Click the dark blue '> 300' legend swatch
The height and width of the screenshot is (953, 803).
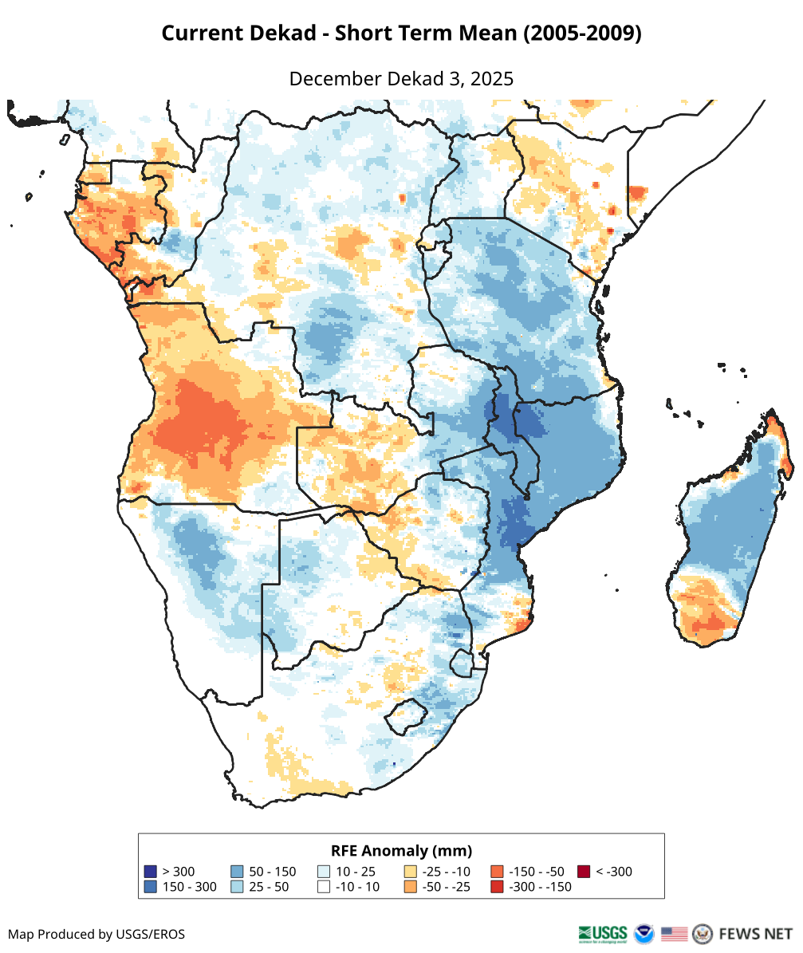pyautogui.click(x=150, y=872)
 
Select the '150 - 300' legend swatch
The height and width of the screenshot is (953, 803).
pyautogui.click(x=150, y=887)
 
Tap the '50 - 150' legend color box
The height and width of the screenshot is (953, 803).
pyautogui.click(x=237, y=872)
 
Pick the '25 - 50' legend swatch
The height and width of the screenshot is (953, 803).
pyautogui.click(x=237, y=887)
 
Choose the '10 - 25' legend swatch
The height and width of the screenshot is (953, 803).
pyautogui.click(x=324, y=872)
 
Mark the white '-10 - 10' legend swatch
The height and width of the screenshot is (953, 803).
pyautogui.click(x=324, y=887)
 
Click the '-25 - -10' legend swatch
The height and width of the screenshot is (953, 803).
pyautogui.click(x=411, y=872)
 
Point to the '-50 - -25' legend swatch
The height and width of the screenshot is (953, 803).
pyautogui.click(x=411, y=887)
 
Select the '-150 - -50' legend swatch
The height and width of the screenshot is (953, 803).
pyautogui.click(x=497, y=872)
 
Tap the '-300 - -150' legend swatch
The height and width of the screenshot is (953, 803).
pyautogui.click(x=497, y=887)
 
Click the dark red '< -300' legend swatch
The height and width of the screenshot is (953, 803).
pyautogui.click(x=584, y=872)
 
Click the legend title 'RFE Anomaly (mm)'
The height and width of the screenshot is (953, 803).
pyautogui.click(x=401, y=850)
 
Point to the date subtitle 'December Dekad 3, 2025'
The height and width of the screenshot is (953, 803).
pyautogui.click(x=401, y=79)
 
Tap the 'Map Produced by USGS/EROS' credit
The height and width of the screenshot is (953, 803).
pyautogui.click(x=96, y=934)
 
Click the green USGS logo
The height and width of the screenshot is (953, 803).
pyautogui.click(x=603, y=933)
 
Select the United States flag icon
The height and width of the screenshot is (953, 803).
pyautogui.click(x=675, y=933)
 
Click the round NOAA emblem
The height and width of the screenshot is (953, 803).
pyautogui.click(x=644, y=933)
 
